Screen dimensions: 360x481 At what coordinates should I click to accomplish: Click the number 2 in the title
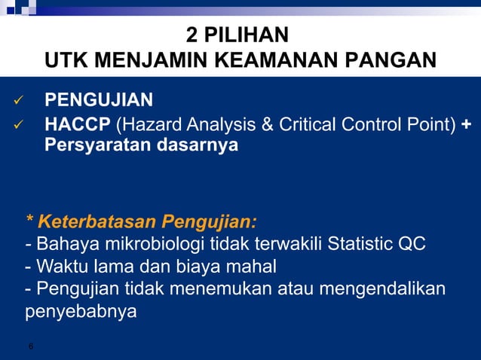pyautogui.click(x=191, y=35)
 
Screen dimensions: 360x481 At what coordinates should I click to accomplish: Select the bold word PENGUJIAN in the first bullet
pyautogui.click(x=99, y=100)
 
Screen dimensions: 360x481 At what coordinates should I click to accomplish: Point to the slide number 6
pyautogui.click(x=30, y=346)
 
